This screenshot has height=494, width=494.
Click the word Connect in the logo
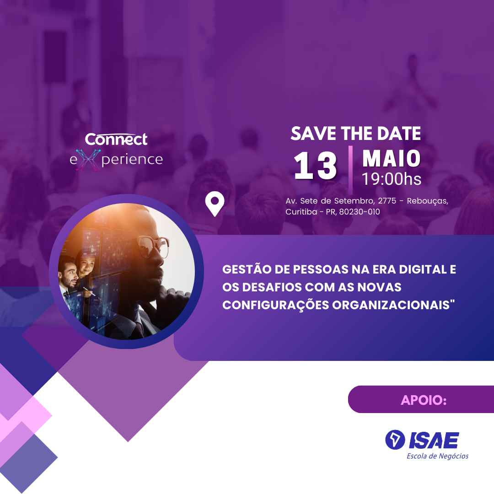tap(116, 139)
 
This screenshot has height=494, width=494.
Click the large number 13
tap(315, 166)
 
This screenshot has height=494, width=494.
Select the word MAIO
tap(391, 158)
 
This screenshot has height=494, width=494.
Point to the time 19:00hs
tap(391, 179)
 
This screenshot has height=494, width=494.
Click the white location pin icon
tap(215, 204)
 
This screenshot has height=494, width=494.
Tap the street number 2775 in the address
tap(387, 201)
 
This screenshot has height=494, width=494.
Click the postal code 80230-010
tap(360, 212)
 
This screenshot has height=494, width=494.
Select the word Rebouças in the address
tap(427, 201)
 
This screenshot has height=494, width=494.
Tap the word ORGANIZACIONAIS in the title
tap(391, 305)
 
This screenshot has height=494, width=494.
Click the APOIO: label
tap(424, 400)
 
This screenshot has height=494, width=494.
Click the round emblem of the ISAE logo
tap(395, 440)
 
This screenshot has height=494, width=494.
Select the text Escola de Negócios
tap(437, 456)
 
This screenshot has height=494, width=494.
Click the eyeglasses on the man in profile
tap(153, 245)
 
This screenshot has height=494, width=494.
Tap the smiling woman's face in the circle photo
tap(86, 267)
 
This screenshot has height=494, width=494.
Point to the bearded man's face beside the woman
tap(70, 274)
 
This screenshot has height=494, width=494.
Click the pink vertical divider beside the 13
tap(350, 170)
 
